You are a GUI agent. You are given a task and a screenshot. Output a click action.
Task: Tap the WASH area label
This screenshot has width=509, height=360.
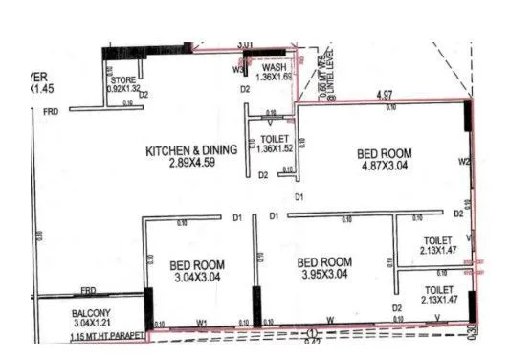[270, 68]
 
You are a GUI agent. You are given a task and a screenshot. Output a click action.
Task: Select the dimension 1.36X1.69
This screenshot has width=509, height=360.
[269, 78]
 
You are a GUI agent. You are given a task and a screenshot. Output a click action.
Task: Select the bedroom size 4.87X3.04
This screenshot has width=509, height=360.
[385, 165]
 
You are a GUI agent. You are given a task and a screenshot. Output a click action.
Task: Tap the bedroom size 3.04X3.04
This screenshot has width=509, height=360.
[197, 277]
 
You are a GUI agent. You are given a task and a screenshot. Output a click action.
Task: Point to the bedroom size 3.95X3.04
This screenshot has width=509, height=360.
[324, 275]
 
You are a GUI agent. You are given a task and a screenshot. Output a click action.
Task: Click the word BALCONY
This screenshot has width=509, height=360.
[97, 313]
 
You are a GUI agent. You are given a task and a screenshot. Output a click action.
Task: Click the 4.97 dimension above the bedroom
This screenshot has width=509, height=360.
[386, 96]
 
